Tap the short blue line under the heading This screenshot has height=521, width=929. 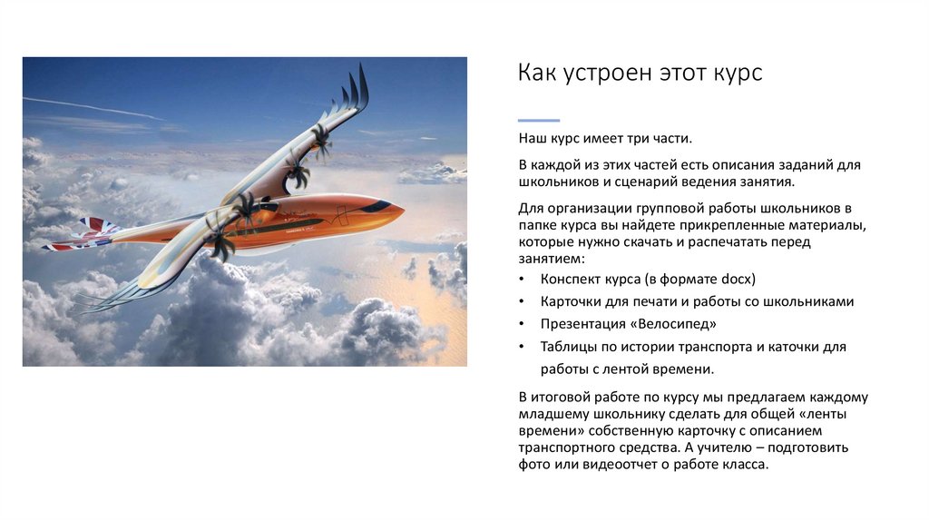point(538,120)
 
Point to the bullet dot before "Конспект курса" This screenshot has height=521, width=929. point(522,279)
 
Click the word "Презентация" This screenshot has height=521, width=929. point(581,323)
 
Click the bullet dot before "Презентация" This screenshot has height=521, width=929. point(522,324)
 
